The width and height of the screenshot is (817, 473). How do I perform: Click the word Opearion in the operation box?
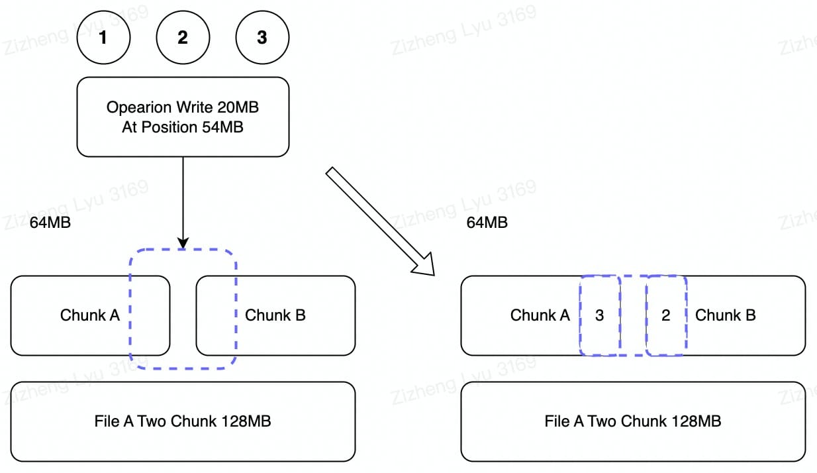coord(139,107)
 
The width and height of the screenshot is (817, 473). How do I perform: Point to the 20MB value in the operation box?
coord(238,107)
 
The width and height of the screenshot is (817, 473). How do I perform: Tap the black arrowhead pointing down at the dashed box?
coord(183,243)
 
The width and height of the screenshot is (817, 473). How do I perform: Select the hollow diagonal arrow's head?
coord(424,264)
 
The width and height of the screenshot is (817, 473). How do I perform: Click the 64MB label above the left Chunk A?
coord(50,223)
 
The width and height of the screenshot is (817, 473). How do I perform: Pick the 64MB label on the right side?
coord(487,223)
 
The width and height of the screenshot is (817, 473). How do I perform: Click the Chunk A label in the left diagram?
coord(90,315)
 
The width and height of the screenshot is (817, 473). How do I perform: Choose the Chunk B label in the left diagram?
coord(275,315)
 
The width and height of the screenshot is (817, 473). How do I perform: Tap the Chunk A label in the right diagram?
coord(540,315)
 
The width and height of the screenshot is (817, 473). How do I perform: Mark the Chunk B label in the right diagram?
coord(725,315)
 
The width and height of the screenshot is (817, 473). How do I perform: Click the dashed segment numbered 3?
coord(600,315)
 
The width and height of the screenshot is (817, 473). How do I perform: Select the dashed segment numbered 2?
coord(666,315)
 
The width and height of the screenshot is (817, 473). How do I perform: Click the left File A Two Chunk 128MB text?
coord(183,421)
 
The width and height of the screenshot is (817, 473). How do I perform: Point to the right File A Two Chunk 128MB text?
coord(633,421)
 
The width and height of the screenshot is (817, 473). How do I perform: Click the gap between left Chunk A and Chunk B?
coord(183,315)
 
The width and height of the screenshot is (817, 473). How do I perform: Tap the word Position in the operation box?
coord(169,127)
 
